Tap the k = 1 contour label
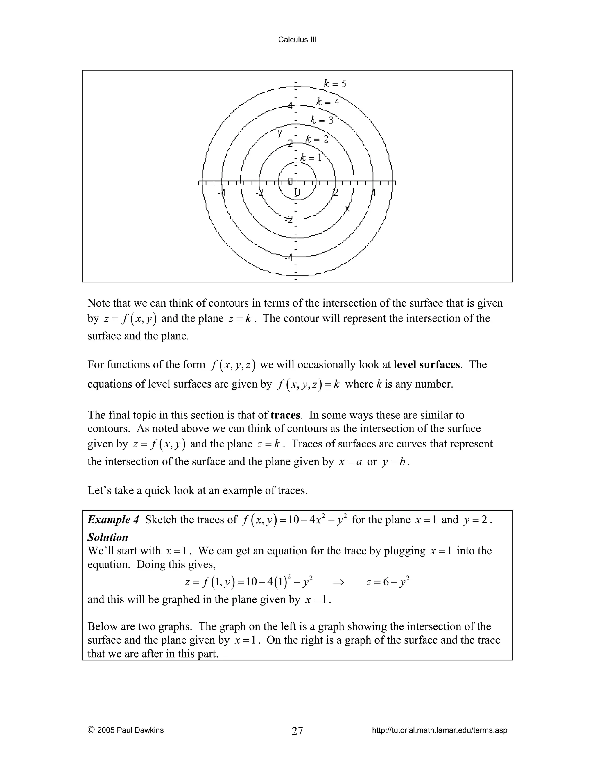311,157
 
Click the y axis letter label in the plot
279,133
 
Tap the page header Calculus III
297,40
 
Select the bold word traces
285,415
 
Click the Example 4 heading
113,520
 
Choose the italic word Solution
107,537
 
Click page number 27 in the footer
297,731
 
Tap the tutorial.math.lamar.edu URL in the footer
439,730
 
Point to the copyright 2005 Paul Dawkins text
126,730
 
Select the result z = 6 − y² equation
387,582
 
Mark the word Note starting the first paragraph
99,303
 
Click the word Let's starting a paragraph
99,491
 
